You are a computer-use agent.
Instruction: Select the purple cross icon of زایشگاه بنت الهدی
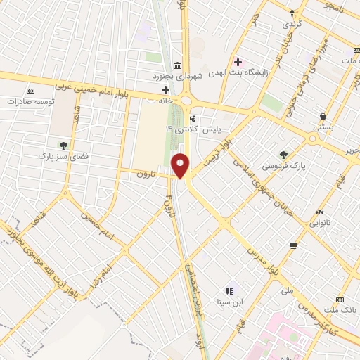pos(238,63)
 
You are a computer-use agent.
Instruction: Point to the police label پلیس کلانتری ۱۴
pos(191,130)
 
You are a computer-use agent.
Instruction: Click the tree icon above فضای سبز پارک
pos(64,146)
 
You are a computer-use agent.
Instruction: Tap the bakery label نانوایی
pos(314,224)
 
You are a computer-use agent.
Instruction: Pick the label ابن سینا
pos(231,302)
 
